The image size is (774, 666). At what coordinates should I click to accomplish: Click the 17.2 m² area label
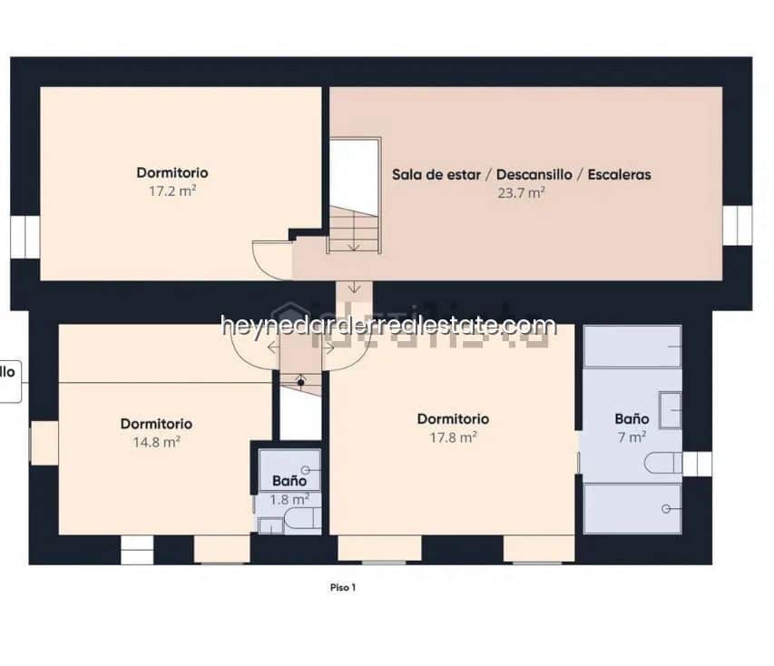(x=172, y=191)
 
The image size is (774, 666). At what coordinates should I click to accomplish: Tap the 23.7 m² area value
(x=521, y=192)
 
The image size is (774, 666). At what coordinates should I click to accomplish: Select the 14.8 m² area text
(x=156, y=443)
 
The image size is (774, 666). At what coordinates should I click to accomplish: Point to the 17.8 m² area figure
(x=453, y=437)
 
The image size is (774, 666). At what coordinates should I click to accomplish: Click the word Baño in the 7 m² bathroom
(x=632, y=418)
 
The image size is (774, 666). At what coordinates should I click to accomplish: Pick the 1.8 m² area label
(x=289, y=498)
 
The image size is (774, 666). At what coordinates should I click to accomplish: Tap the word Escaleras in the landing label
(x=619, y=174)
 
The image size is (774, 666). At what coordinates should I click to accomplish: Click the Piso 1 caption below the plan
(x=343, y=587)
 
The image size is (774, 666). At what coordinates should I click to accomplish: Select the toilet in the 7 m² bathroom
(x=662, y=464)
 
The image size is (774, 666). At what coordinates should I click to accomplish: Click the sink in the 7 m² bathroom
(x=671, y=409)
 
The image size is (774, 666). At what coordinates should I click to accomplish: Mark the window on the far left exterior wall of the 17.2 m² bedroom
(x=24, y=236)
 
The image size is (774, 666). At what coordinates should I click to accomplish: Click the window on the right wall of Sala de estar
(x=737, y=225)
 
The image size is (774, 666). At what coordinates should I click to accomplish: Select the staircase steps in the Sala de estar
(x=354, y=230)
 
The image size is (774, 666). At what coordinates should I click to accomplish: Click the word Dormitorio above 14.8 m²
(x=156, y=424)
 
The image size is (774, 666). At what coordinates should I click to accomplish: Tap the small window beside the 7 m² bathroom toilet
(x=697, y=464)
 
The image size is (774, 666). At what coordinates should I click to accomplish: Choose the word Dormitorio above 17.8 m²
(x=453, y=418)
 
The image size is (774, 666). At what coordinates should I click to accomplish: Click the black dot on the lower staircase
(x=300, y=381)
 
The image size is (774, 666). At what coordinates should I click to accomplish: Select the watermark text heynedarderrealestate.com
(x=388, y=325)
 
